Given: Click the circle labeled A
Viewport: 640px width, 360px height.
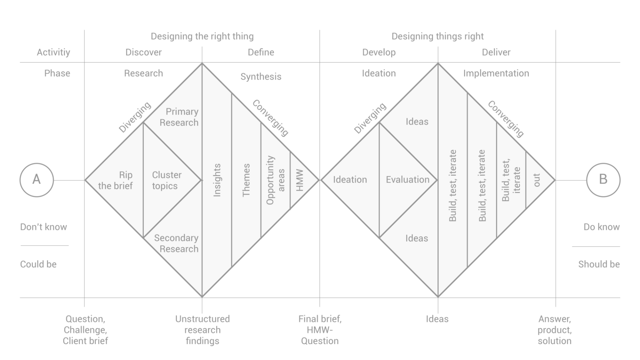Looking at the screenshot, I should tap(37, 180).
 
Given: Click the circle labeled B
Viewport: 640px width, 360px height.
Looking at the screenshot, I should tap(603, 180).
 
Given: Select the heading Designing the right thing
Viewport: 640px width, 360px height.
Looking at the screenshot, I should tap(202, 36).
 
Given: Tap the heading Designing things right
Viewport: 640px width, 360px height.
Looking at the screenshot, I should tap(437, 36).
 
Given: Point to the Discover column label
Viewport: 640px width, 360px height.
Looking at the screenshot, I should tap(143, 52).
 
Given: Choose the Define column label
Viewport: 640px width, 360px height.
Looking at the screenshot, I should tap(261, 52).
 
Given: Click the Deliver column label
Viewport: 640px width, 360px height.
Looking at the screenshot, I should tap(496, 52).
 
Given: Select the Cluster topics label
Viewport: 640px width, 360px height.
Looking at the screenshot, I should tap(167, 180).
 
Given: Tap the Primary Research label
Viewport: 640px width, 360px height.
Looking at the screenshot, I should tap(179, 117).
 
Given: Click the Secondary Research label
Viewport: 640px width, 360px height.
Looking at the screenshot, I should tap(177, 243).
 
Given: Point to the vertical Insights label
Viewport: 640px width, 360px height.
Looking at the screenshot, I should tap(217, 180).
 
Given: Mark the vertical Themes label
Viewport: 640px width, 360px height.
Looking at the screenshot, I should tap(246, 180).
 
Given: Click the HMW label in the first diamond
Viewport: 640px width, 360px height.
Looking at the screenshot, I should tap(300, 180).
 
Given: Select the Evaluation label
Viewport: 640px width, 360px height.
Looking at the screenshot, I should tap(407, 180).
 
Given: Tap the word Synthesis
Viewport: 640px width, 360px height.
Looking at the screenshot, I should tap(261, 77).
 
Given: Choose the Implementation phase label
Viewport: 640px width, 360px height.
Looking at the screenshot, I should tap(496, 73).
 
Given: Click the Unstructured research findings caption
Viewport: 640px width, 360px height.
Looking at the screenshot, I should tap(202, 330).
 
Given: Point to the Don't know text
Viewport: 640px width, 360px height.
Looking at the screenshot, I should tap(44, 227).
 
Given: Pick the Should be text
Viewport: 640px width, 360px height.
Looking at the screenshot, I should tap(599, 264).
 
